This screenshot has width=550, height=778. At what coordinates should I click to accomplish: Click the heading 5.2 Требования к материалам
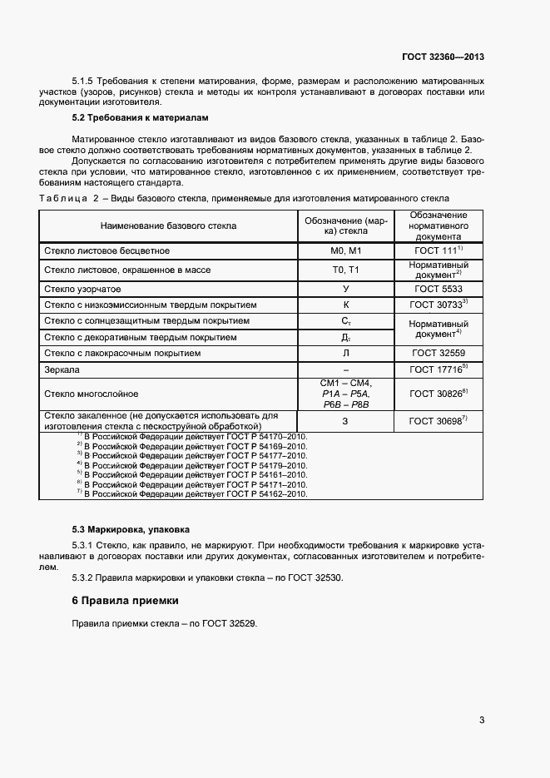click(124, 118)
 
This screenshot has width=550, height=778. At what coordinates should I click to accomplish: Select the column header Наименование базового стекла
click(168, 225)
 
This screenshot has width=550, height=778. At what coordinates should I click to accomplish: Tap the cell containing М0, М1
click(345, 250)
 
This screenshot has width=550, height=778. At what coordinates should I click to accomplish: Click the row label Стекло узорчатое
click(82, 288)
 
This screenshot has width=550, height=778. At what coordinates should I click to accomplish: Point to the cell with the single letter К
click(345, 305)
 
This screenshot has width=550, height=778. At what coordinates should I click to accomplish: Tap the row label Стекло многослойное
click(92, 394)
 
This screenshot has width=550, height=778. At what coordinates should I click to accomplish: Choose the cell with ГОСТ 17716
click(438, 369)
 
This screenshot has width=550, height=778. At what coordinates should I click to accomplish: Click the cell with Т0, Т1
click(345, 269)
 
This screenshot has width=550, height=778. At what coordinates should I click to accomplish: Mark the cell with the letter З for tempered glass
click(345, 421)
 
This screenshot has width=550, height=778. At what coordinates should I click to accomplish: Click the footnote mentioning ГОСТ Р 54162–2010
click(192, 493)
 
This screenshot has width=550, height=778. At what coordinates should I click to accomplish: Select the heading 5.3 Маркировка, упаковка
click(131, 529)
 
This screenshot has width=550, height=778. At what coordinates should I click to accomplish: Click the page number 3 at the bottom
click(482, 720)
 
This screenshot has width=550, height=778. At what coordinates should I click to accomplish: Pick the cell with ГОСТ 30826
click(438, 394)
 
